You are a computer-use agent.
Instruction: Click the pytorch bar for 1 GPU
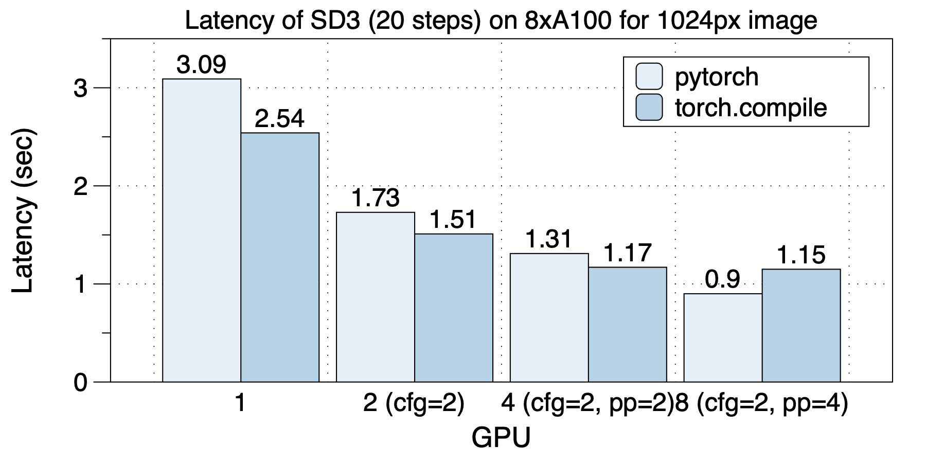point(202,230)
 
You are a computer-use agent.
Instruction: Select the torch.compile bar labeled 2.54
point(280,257)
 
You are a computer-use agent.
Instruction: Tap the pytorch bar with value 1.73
point(376,297)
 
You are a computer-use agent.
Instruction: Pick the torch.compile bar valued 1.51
point(454,308)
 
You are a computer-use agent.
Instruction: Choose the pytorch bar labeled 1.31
point(549,317)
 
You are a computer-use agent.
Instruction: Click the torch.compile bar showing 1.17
point(627,324)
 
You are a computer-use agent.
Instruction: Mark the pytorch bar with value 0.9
point(723,337)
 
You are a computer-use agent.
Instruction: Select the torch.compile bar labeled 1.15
point(801,325)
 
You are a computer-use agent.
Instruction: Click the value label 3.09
point(201,65)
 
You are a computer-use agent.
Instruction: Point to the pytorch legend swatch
point(649,77)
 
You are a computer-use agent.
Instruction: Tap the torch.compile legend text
point(751,108)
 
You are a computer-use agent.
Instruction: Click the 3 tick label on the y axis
point(81,88)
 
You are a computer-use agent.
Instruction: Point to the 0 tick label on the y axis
point(81,383)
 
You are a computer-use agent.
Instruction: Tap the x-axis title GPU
point(501,438)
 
